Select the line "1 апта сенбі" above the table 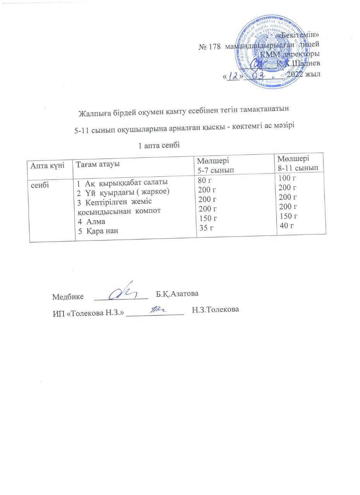coord(159,145)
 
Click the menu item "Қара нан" coord(101,230)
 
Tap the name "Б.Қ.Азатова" coord(177,294)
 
